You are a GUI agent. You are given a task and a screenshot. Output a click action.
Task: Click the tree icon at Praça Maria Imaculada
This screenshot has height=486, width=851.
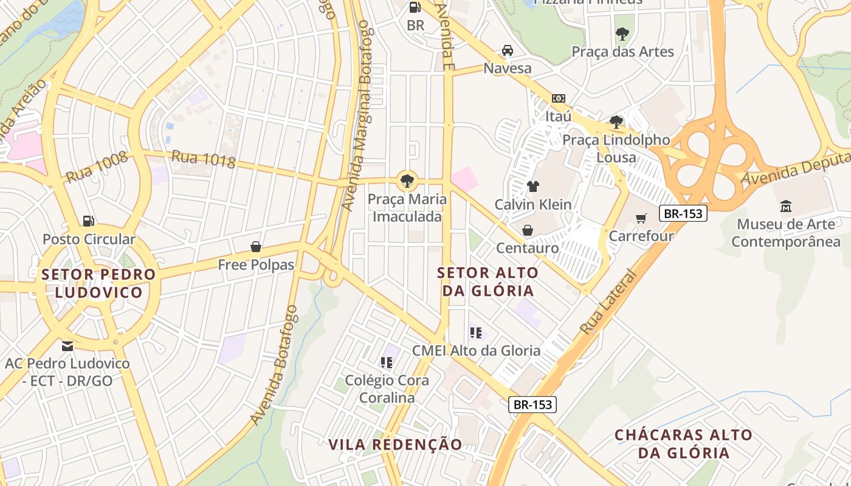[407, 180]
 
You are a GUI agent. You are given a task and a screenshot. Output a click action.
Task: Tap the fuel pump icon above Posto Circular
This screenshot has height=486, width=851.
[89, 221]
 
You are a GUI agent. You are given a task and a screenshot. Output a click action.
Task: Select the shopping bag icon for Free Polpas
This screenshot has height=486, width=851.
[256, 247]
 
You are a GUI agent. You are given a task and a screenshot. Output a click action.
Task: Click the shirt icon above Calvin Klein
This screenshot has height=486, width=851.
[533, 186]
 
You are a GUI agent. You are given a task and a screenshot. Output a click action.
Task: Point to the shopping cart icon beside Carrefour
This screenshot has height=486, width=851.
[641, 217]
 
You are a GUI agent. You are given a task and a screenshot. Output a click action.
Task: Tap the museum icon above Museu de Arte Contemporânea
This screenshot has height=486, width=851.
[785, 206]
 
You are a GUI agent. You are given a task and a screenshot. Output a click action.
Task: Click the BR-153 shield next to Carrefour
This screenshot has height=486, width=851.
[683, 213]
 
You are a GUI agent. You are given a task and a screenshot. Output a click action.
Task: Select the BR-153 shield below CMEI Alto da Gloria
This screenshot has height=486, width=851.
[532, 404]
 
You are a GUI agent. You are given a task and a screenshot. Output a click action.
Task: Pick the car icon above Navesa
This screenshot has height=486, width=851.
[507, 50]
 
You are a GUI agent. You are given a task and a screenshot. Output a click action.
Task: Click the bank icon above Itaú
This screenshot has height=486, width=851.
[558, 98]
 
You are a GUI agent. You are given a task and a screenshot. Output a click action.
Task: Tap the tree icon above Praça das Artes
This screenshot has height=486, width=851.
[622, 34]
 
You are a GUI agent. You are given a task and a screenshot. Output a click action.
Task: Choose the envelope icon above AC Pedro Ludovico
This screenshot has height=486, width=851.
[67, 346]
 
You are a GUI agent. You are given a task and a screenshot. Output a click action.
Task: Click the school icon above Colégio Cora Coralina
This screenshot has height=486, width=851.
[386, 363]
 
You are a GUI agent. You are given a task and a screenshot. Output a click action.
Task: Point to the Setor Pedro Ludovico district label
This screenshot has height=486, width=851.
[98, 283]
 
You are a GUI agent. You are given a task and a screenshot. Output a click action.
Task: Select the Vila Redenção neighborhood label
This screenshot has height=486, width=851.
[395, 444]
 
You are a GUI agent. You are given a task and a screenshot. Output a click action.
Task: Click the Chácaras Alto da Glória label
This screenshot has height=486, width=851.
[683, 443]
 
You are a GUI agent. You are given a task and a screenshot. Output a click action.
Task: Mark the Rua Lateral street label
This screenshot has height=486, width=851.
[608, 302]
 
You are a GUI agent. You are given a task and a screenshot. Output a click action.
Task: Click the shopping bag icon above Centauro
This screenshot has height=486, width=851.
[527, 230]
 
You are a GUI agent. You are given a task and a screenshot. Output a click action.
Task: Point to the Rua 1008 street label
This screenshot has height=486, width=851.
[97, 166]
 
